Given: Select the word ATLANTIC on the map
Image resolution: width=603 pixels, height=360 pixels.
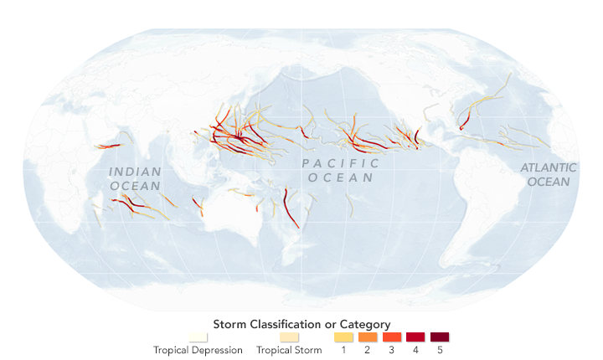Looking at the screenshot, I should click(549, 167).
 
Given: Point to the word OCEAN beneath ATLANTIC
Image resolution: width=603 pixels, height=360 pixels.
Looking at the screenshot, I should click(549, 181).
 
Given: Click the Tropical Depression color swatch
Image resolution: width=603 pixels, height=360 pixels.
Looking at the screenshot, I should click(198, 337).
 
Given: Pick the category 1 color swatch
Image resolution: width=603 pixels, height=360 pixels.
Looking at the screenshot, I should click(343, 337).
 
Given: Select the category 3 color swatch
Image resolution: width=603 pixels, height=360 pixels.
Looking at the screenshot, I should click(391, 337).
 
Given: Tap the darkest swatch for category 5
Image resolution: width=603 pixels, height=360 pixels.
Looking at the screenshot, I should click(440, 337).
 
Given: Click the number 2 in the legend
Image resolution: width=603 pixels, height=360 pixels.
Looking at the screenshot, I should click(368, 350).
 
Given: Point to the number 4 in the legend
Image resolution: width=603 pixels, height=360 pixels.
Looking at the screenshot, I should click(415, 350).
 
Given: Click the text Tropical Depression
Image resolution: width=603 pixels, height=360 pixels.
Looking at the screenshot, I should click(198, 350).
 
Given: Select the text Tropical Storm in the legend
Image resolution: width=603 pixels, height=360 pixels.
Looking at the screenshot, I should click(289, 350).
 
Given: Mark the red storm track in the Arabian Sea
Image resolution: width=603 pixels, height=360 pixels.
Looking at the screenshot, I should click(107, 146).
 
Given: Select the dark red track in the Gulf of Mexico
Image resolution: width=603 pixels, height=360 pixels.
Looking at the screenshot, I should click(462, 123).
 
